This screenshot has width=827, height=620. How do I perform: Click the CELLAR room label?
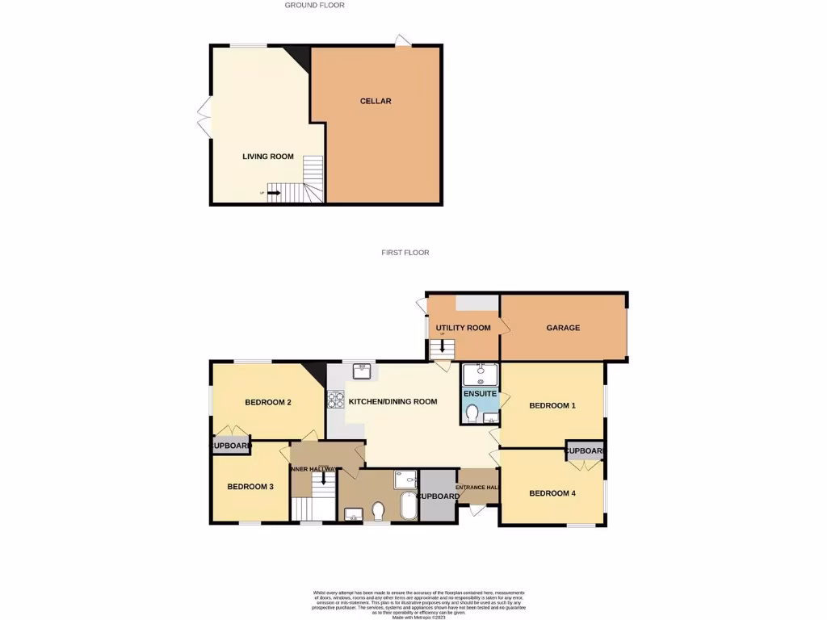376,101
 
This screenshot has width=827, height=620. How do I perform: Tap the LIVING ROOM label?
268,157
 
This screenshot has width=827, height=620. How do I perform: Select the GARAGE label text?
563,328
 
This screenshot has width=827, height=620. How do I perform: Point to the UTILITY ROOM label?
464,328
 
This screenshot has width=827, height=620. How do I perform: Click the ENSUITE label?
480,394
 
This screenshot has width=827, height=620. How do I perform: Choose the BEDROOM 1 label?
552,405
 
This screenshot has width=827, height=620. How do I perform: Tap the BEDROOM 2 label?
268,402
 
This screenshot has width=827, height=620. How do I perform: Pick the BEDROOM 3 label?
250,486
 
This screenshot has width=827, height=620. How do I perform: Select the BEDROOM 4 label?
552,492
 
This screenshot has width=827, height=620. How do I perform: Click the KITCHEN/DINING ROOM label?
393,401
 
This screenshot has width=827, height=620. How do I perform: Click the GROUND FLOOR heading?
315,6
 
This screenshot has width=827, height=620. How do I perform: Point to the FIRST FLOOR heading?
405,253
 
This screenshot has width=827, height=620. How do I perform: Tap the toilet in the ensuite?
472,414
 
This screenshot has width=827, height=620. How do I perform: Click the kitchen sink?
362,371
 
